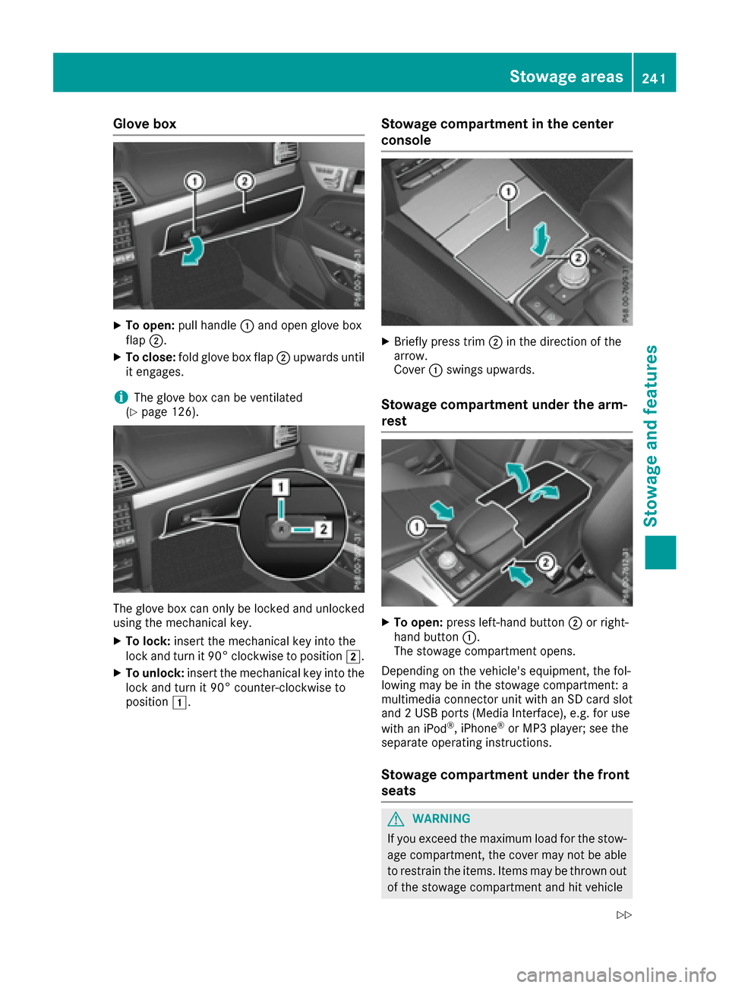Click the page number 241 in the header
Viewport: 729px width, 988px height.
pos(653,77)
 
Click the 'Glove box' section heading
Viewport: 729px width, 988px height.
pos(144,124)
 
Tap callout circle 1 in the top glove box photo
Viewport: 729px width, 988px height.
pos(194,181)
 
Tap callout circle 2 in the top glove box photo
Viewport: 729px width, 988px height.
pos(244,181)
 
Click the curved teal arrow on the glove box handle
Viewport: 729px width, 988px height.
pos(193,251)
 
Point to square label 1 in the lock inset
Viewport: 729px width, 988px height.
pos(281,486)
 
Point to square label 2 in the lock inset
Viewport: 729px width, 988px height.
pos(323,529)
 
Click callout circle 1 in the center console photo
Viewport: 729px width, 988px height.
pos(508,192)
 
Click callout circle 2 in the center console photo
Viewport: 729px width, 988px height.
pos(577,258)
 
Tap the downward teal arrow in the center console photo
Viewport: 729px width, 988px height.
pos(540,239)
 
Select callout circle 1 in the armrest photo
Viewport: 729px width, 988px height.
pos(416,526)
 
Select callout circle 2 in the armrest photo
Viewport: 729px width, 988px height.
pos(546,562)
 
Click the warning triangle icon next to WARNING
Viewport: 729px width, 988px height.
pos(396,819)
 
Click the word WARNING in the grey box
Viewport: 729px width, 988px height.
pos(441,819)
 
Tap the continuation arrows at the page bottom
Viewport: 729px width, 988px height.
pos(623,915)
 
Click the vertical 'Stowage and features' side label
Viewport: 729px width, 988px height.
pos(651,436)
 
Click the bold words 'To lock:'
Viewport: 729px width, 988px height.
pos(147,641)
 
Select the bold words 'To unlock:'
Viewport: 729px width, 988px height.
pos(154,673)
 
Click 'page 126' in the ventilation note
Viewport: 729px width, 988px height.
pos(168,412)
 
